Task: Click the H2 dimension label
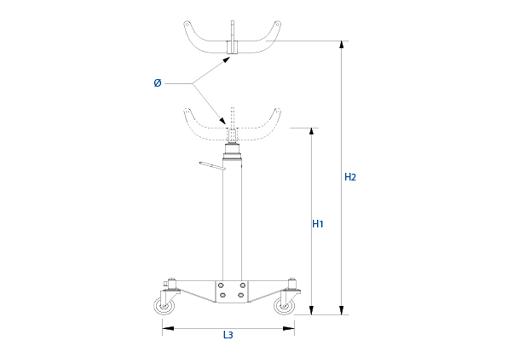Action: tap(350, 177)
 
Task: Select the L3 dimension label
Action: tap(228, 335)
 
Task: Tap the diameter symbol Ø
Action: tap(157, 83)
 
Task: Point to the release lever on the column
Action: tap(211, 165)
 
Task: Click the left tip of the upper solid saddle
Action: tap(186, 23)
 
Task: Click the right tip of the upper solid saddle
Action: tap(278, 23)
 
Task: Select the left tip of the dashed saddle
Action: tap(186, 110)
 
